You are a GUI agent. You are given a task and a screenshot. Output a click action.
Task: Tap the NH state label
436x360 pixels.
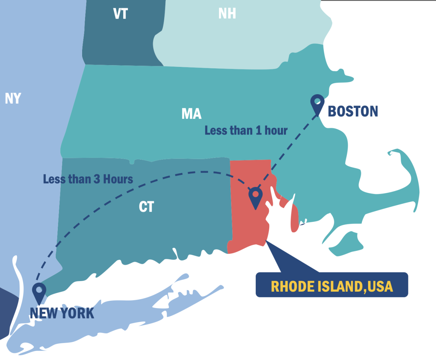[227, 13]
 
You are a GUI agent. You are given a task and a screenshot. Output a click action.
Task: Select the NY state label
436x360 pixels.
[13, 98]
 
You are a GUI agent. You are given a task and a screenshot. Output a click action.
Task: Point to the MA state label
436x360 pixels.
[191, 114]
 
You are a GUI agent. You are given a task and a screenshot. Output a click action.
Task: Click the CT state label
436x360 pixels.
[146, 207]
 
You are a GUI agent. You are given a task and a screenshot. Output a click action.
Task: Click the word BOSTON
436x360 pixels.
[353, 111]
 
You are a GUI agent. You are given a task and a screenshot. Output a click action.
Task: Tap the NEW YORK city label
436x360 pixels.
[62, 313]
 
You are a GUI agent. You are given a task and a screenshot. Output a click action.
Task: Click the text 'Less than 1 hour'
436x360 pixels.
[246, 130]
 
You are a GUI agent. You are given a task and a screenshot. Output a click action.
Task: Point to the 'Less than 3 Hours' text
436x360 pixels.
[88, 179]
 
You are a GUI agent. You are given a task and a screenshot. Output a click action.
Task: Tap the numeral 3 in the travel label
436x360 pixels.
[96, 179]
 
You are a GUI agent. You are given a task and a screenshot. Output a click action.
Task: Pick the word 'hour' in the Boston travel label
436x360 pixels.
[276, 130]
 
